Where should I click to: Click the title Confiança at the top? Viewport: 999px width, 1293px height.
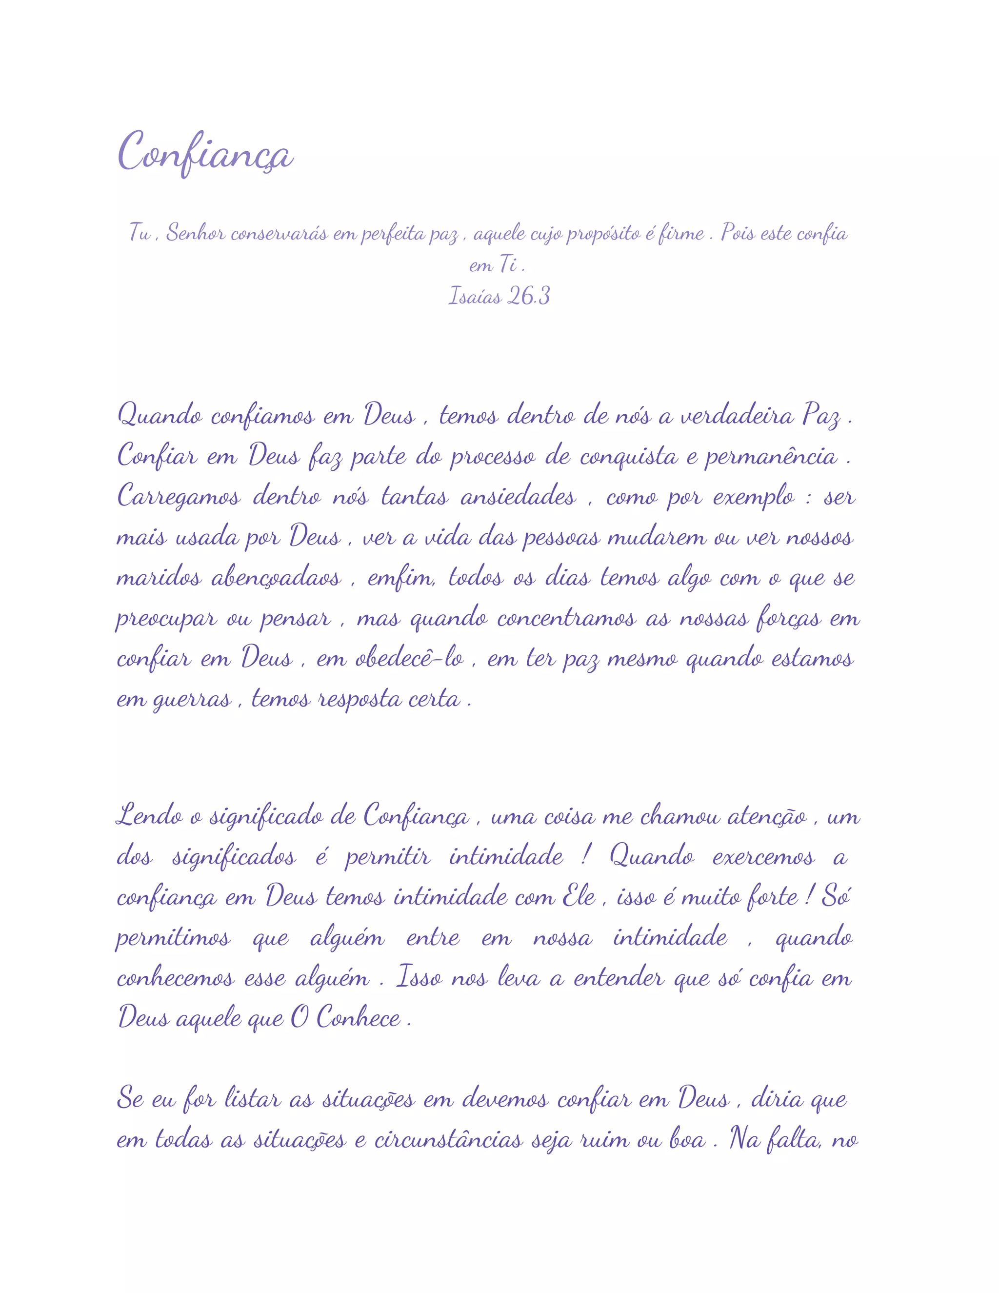click(205, 153)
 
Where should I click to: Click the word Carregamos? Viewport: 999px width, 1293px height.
click(179, 497)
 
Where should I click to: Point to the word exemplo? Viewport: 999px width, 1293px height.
click(753, 497)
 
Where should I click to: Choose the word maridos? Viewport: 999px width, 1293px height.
click(159, 577)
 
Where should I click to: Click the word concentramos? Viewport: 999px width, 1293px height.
click(566, 618)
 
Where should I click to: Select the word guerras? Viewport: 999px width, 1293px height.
click(192, 700)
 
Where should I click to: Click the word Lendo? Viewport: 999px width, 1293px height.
click(149, 816)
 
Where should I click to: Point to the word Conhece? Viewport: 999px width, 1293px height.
click(358, 1018)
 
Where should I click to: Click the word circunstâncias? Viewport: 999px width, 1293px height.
click(448, 1140)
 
